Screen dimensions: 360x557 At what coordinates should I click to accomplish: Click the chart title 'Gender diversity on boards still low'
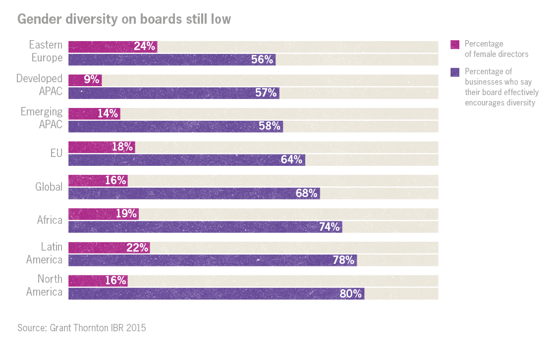(124, 19)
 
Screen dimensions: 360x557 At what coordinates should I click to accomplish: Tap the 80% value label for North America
(351, 294)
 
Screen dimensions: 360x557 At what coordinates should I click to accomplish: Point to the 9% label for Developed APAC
(92, 80)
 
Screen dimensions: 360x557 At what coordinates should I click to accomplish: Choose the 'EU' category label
(56, 153)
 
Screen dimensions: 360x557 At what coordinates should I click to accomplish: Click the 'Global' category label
(49, 187)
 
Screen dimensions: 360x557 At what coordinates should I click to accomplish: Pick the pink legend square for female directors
(454, 45)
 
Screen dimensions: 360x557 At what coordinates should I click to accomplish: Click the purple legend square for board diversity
(454, 72)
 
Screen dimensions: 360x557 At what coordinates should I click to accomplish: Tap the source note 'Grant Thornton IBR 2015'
(82, 328)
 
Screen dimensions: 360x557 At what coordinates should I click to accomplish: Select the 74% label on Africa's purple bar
(329, 227)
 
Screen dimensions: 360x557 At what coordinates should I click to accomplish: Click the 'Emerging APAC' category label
(42, 118)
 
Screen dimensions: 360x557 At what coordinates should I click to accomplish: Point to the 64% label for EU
(291, 159)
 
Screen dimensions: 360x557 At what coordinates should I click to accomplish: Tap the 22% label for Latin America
(137, 248)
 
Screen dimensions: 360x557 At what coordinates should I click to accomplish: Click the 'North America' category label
(44, 285)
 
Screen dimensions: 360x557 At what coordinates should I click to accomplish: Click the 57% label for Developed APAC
(266, 93)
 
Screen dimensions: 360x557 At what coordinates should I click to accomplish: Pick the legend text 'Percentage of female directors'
(496, 49)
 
